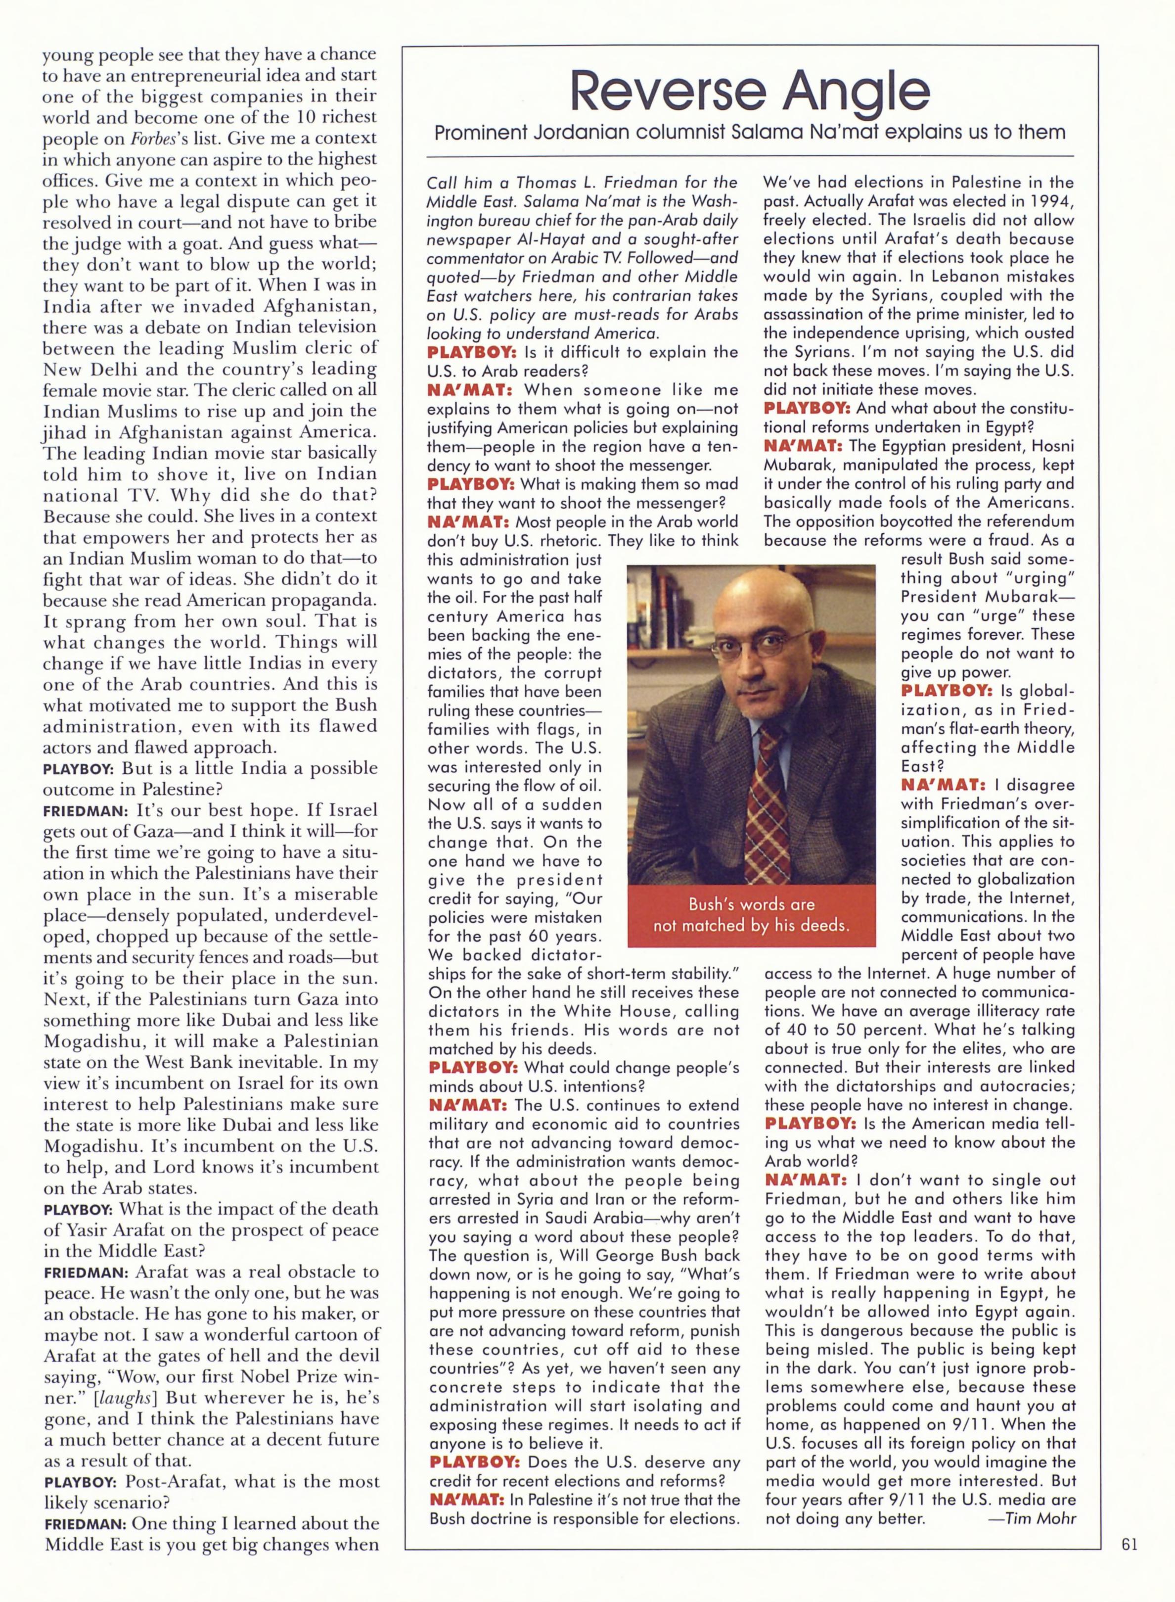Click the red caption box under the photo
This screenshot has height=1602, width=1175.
(x=751, y=915)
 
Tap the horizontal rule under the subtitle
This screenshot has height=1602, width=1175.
(x=750, y=156)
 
